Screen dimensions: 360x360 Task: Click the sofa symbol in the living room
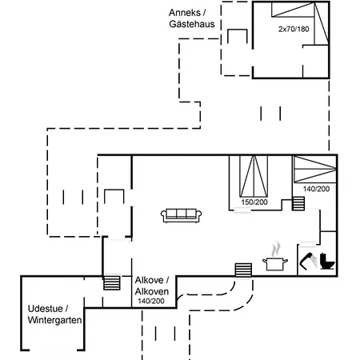tap(181, 215)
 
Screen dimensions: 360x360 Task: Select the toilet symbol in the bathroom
tap(327, 261)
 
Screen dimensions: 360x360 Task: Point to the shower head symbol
tap(309, 260)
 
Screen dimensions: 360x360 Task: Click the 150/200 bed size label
tap(254, 202)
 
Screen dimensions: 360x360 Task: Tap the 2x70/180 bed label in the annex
tap(294, 29)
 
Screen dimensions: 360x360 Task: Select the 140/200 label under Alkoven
tap(151, 301)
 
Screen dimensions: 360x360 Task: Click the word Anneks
tap(185, 13)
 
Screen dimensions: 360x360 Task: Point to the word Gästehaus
tap(192, 24)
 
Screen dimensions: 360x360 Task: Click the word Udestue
tap(45, 309)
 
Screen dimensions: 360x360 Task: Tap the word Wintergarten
tap(54, 320)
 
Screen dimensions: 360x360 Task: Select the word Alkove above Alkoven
tap(149, 280)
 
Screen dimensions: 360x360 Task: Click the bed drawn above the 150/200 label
tap(254, 177)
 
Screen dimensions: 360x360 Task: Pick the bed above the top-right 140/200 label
tap(315, 169)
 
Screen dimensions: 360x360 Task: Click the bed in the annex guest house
tap(300, 23)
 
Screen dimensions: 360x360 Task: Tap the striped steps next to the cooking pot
tap(243, 270)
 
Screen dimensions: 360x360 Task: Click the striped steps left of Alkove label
tap(112, 283)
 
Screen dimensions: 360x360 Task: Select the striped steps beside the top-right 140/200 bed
tap(298, 204)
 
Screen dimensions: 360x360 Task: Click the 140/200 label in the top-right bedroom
tap(316, 189)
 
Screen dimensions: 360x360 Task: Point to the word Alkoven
tap(152, 291)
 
